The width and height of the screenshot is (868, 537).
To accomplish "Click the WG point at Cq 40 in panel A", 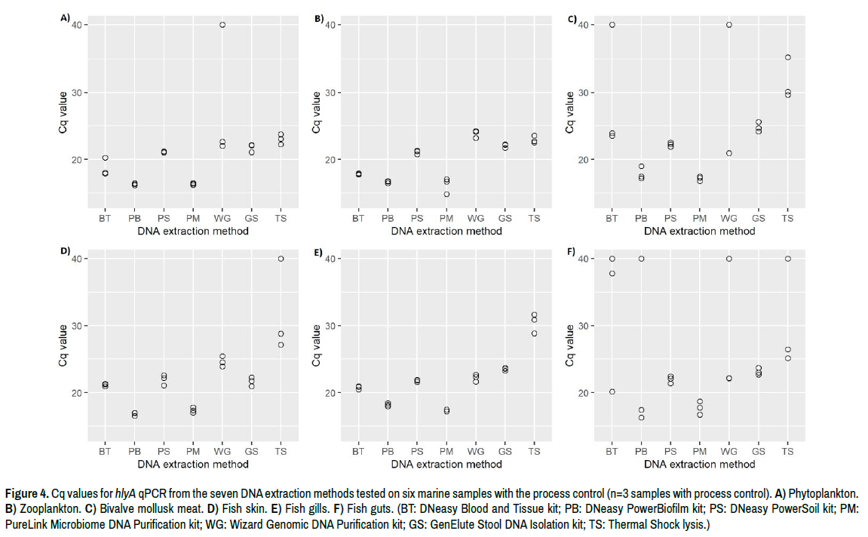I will tap(222, 25).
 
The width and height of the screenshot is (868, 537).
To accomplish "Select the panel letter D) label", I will tap(66, 250).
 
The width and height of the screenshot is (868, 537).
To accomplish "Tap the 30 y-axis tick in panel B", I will tap(330, 93).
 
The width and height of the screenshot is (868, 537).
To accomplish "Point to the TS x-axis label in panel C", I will tap(787, 219).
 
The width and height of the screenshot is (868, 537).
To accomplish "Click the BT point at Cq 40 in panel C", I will tap(612, 25).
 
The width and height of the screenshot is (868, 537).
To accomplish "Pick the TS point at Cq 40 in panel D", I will tap(281, 259).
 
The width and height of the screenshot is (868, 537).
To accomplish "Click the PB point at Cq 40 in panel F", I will tap(641, 259).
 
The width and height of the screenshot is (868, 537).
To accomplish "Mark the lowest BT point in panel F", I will tap(612, 391).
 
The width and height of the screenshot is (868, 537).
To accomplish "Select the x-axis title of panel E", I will tap(446, 464).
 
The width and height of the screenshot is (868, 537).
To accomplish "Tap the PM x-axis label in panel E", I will tap(446, 452).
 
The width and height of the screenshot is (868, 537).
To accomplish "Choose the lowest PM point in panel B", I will tap(446, 195).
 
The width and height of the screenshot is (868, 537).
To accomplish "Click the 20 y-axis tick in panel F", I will tap(583, 393).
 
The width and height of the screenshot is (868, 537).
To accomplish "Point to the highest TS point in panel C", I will tap(787, 57).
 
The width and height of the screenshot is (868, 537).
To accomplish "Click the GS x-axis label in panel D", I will tap(251, 452).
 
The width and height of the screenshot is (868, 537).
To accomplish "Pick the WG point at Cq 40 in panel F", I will tap(729, 259).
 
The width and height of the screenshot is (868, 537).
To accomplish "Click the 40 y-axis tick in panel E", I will tap(330, 259).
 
